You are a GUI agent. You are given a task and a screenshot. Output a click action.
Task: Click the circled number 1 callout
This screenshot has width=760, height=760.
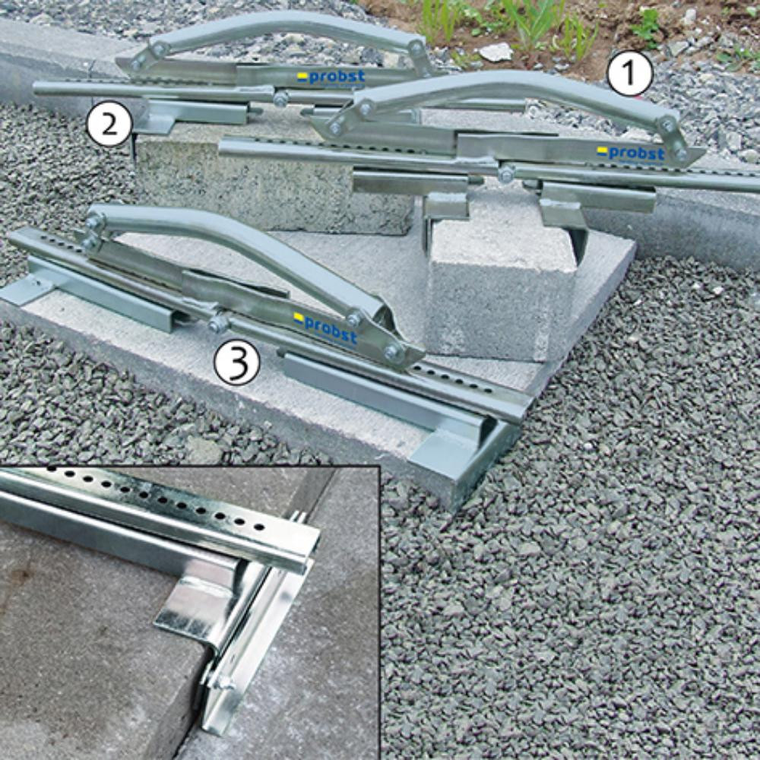point(629,73)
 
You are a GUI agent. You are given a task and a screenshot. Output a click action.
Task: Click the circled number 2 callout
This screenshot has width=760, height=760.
point(109,124)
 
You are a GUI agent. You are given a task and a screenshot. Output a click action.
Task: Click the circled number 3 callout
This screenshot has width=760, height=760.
point(237,361)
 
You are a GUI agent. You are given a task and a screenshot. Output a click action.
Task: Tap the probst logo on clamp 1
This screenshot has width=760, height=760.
point(631,154)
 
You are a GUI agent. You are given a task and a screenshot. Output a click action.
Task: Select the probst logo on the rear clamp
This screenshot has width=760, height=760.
point(331,77)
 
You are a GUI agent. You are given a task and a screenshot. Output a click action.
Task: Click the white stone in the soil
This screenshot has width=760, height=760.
point(496,52)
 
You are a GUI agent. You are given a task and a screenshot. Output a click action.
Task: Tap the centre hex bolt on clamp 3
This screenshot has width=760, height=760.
point(217,323)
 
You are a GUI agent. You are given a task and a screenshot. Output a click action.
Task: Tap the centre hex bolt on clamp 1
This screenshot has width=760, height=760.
point(506,173)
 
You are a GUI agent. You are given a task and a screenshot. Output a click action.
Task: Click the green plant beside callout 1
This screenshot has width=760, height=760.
point(647,27)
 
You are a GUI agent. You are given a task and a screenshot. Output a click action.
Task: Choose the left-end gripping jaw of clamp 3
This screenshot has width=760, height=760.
point(29,291)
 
